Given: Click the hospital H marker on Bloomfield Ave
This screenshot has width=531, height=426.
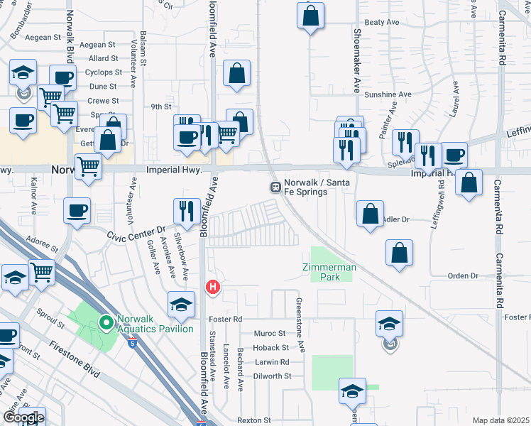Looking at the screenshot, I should click(x=212, y=288).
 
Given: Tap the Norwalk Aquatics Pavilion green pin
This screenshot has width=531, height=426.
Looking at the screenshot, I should click(x=106, y=324).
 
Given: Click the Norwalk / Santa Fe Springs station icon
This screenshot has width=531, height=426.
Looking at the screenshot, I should click(x=274, y=187).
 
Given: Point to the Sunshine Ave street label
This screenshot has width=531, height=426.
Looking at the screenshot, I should click(x=388, y=94).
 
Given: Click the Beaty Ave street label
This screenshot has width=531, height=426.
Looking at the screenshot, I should click(x=382, y=23).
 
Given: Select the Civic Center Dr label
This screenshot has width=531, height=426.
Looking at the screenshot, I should click(x=136, y=232).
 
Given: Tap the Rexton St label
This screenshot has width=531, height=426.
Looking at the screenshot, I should click(x=254, y=421).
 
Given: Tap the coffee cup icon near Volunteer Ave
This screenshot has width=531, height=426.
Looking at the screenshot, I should click(x=77, y=210).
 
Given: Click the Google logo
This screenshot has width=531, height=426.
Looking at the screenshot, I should click(x=23, y=418).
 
